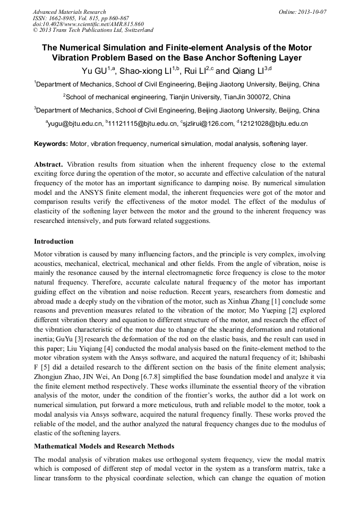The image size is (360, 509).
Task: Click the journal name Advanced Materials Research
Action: pos(69,12)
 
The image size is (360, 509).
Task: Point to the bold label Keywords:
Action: pos(50,144)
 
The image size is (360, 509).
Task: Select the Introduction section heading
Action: pos(54,241)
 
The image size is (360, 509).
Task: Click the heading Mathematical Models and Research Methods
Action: pos(104,446)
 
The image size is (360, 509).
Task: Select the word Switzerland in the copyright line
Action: pos(136,30)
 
